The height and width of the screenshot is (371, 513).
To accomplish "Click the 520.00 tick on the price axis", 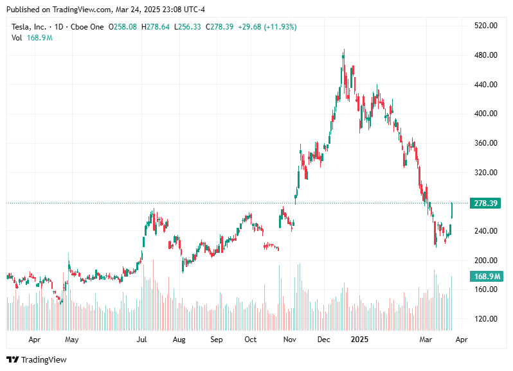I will (x=485, y=26).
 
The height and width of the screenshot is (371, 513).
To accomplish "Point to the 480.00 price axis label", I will (x=485, y=55).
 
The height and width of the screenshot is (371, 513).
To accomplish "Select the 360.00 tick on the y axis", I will (x=485, y=143).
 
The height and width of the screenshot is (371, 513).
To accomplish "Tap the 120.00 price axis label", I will (x=485, y=319).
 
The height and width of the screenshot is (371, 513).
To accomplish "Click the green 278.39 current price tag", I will (x=487, y=203).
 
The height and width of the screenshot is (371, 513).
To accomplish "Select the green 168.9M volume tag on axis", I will (x=487, y=276).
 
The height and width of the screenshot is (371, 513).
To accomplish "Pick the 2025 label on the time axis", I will (x=360, y=339).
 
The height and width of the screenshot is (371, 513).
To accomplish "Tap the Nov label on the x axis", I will (x=290, y=339).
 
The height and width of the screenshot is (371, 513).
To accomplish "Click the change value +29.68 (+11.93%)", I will (x=267, y=27).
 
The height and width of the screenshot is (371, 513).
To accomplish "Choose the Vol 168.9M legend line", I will (x=32, y=38).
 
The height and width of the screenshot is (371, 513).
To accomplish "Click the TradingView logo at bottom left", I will (x=37, y=359).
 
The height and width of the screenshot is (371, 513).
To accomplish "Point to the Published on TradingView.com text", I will (x=64, y=10).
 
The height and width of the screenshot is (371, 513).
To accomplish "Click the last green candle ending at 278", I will (x=452, y=211).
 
